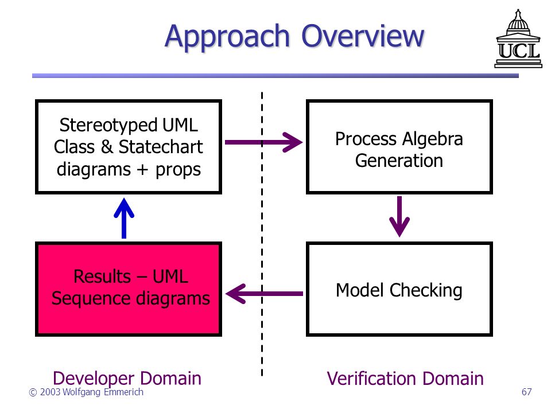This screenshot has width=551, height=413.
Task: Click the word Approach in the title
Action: click(x=227, y=37)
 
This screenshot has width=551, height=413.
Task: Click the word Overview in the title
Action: click(x=363, y=36)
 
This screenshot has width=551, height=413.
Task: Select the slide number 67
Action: click(x=526, y=392)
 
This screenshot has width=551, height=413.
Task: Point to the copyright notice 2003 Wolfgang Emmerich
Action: click(x=86, y=392)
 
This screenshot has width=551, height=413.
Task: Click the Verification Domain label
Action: click(x=405, y=379)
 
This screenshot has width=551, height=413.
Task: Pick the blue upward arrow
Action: click(x=124, y=218)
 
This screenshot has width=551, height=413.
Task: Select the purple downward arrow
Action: click(x=399, y=217)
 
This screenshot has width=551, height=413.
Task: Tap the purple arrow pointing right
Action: click(x=263, y=142)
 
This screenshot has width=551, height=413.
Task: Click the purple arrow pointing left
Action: click(x=264, y=294)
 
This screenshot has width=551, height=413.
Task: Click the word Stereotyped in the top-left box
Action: click(x=108, y=126)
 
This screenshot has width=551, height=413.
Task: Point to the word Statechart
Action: click(x=161, y=147)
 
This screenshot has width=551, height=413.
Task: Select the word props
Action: click(x=178, y=170)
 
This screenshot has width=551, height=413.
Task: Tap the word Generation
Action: click(x=399, y=161)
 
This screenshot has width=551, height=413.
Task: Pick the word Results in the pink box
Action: click(x=102, y=276)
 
